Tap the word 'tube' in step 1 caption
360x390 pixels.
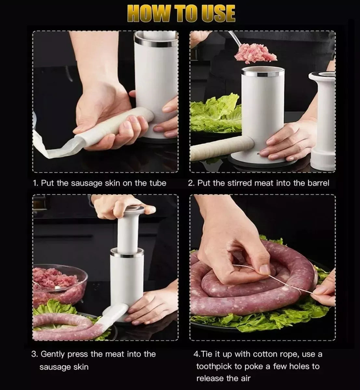[158, 183]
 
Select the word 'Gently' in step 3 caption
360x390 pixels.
[53, 354]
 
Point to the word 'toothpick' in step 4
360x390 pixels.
[215, 366]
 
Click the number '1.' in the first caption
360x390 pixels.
[36, 183]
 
